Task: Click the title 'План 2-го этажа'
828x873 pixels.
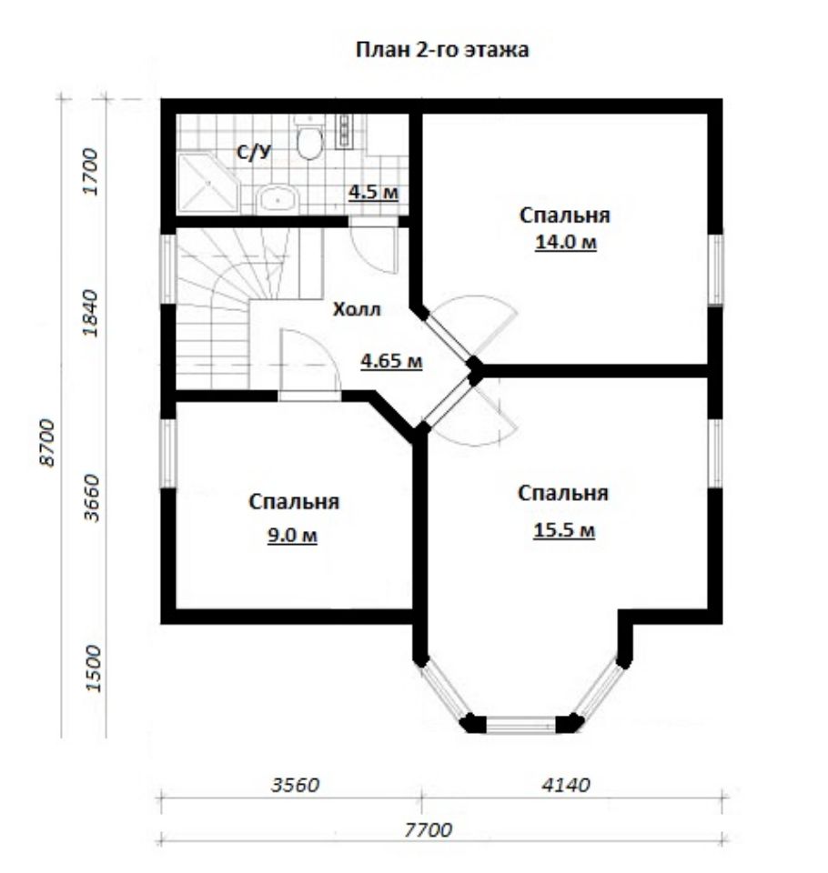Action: coord(442,50)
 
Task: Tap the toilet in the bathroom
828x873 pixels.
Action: coord(309,138)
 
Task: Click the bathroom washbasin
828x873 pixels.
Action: coord(277,197)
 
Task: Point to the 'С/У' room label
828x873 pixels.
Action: coord(254,153)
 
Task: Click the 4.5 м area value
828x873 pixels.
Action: coord(373,193)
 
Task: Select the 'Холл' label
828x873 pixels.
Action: coord(357,309)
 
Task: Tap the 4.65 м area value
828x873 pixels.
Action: coord(391,361)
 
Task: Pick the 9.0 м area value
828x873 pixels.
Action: coord(293,535)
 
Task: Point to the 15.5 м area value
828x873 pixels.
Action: coord(564,529)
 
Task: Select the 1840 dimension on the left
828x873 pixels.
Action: coord(90,313)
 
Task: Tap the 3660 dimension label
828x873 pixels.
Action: coord(91,497)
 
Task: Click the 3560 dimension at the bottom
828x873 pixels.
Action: coord(296,785)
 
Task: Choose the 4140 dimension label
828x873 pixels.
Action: coord(566,785)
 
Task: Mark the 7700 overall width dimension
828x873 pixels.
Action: coord(428,830)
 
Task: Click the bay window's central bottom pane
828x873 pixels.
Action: coord(521,725)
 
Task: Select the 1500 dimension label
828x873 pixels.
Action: coord(96,668)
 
